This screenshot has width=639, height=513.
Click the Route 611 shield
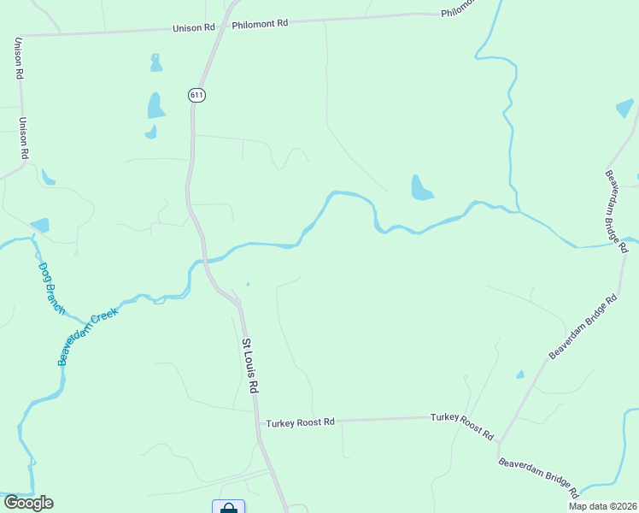point(197,95)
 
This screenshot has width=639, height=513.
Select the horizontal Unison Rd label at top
point(194,27)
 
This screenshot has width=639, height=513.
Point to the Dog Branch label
point(51,287)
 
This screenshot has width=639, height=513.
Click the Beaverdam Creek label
point(87,336)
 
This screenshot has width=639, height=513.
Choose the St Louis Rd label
point(249,365)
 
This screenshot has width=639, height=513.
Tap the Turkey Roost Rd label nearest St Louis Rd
point(300,422)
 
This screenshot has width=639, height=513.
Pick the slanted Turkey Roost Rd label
point(462,425)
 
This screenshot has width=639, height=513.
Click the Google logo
point(28,503)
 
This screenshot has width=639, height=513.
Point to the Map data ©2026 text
point(601,506)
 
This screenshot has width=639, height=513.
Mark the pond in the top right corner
point(624,109)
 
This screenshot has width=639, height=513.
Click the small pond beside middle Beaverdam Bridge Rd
point(519,374)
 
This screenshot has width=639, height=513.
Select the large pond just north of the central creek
point(420,188)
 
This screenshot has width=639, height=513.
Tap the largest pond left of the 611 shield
point(155,106)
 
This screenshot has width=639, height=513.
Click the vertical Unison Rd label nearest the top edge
point(18,58)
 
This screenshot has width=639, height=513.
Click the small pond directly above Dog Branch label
point(40,225)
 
